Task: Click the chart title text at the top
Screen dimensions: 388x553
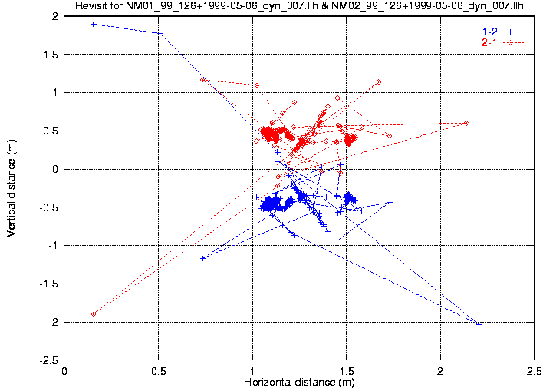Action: coord(299,7)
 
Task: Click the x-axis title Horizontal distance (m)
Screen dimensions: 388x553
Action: coord(299,382)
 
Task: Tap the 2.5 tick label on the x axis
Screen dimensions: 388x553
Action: coord(534,371)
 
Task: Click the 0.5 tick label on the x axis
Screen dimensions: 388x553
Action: coord(159,371)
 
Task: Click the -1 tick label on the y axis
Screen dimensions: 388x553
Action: coord(54,246)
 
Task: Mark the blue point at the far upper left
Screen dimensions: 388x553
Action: coord(94,25)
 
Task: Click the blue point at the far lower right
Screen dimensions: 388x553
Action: coord(479,325)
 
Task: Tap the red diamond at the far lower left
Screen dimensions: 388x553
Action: coord(94,313)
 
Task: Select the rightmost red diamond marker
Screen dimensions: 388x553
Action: coord(466,123)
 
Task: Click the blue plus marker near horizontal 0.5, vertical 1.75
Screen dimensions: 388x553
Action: coord(160,33)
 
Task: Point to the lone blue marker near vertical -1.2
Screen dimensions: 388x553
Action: coord(202,258)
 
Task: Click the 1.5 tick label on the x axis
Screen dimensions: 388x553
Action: coord(347,371)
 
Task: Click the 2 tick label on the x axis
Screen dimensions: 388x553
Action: coord(440,371)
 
